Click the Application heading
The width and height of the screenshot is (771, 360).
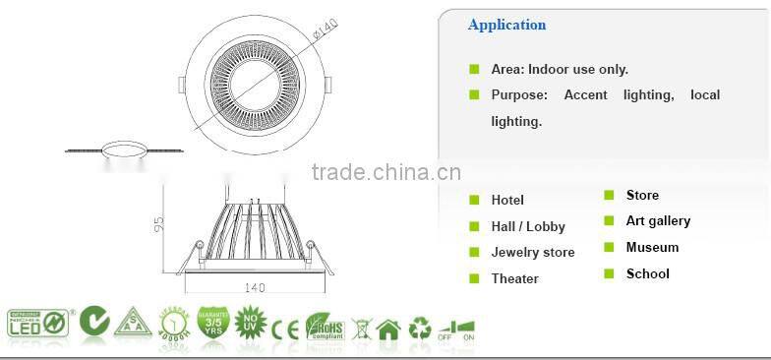506,26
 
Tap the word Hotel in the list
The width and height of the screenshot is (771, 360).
507,201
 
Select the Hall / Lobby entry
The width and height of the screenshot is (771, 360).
528,227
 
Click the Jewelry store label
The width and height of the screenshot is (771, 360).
533,253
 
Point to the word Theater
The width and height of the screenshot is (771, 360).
515,279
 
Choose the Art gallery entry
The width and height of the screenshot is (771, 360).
658,221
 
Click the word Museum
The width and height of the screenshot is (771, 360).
652,248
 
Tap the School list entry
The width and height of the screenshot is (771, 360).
647,274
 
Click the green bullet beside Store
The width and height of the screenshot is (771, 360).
609,195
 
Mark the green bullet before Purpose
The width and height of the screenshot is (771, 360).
473,94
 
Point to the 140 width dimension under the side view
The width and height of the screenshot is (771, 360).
255,288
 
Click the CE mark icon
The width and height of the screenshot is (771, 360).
285,326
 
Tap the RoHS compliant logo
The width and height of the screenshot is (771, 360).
324,326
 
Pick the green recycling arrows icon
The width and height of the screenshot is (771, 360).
420,327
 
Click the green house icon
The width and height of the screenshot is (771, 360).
388,327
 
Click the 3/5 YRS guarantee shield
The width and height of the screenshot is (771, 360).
213,323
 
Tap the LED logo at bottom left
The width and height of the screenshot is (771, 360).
37,323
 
